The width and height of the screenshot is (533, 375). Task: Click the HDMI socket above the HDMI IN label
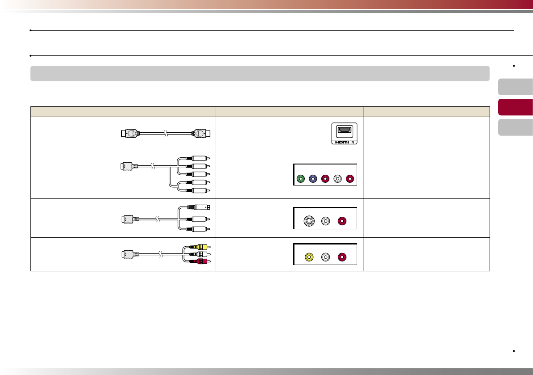(x=345, y=130)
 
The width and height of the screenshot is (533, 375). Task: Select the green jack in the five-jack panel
(x=301, y=179)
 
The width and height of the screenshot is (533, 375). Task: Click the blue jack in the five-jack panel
(x=313, y=179)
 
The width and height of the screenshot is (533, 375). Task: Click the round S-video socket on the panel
(x=308, y=220)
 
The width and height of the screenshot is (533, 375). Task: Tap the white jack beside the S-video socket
(x=326, y=220)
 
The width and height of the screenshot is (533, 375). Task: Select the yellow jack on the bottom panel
(x=308, y=257)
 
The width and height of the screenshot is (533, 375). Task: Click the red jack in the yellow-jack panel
(x=342, y=257)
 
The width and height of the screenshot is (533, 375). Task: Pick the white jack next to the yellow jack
(x=326, y=257)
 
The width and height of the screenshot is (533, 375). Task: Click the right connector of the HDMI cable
(x=201, y=133)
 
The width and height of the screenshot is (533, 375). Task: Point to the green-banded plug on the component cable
(x=197, y=158)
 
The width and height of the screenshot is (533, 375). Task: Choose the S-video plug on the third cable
(x=199, y=207)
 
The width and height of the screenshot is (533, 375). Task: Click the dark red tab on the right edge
(x=515, y=107)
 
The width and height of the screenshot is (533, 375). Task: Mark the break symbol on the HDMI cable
(x=166, y=133)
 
